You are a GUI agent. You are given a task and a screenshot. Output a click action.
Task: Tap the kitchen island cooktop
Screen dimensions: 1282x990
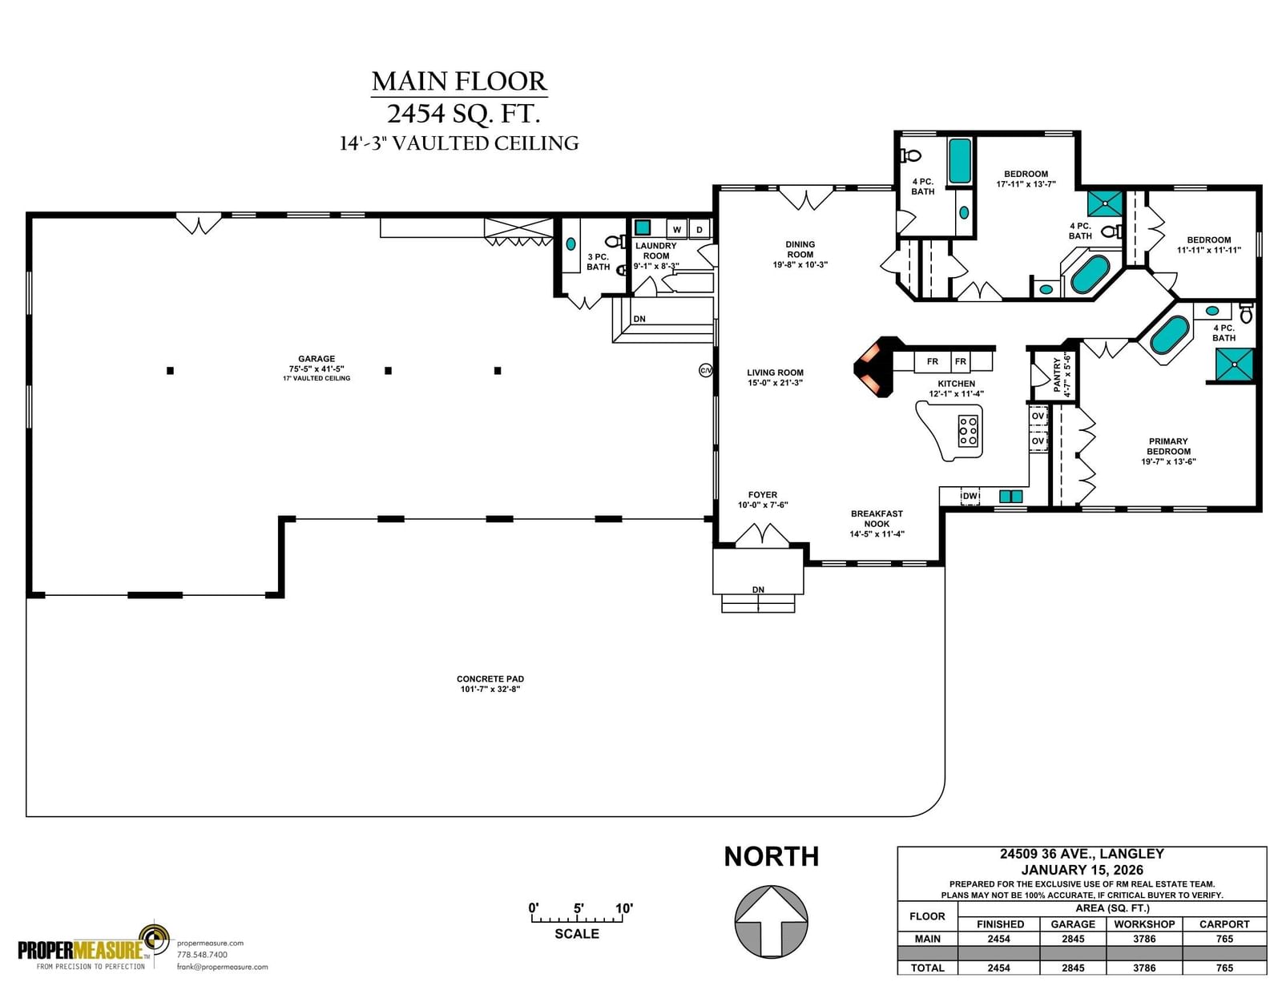[968, 430]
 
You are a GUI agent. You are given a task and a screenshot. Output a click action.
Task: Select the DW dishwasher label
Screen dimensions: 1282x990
[970, 496]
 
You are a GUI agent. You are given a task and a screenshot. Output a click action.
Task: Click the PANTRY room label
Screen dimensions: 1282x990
[1057, 375]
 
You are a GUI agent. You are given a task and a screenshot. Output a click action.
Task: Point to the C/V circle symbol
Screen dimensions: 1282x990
[706, 370]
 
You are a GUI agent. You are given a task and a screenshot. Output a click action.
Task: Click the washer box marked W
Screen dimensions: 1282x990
[677, 229]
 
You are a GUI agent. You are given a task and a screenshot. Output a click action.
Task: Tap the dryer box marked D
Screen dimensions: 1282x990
[699, 229]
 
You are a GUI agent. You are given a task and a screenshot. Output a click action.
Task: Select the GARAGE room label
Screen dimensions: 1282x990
[316, 359]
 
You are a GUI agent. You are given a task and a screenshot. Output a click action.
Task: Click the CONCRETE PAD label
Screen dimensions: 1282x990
[490, 678]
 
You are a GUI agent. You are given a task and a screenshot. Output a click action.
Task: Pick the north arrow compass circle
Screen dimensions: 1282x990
[771, 921]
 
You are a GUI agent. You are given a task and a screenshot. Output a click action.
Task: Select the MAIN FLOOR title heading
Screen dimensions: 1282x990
[460, 82]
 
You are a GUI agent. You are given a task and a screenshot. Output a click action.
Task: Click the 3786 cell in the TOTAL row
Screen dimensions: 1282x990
[1144, 968]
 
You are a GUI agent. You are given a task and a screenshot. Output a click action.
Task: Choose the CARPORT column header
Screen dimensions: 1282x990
[1224, 924]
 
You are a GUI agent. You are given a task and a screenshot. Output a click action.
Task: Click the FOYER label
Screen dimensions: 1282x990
[763, 495]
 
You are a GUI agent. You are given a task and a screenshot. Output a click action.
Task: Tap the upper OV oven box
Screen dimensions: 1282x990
[1038, 417]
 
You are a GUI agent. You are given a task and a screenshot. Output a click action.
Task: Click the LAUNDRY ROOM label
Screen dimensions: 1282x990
[656, 251]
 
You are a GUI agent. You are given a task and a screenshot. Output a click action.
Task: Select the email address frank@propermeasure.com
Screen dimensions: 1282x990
[223, 967]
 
